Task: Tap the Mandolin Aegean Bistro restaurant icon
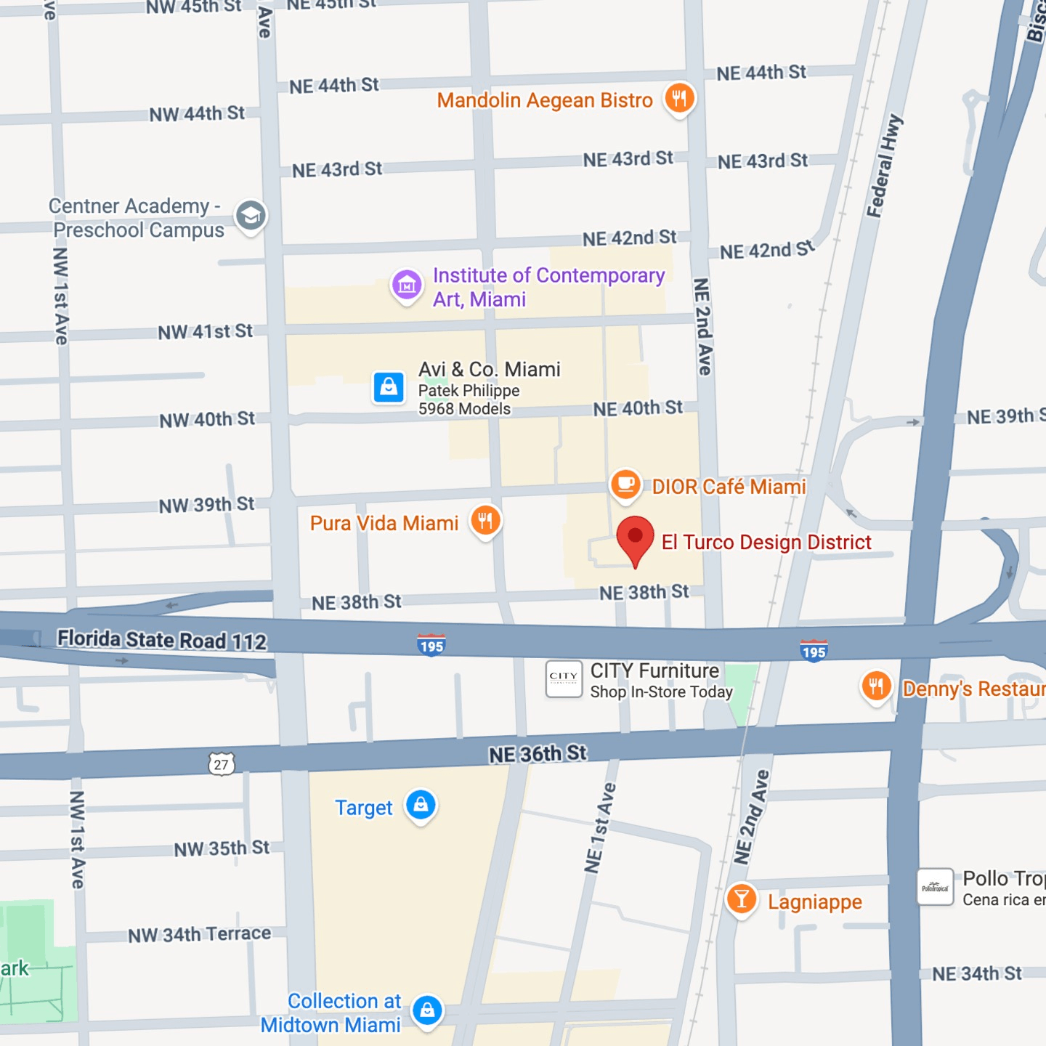click(679, 98)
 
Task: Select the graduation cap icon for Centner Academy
click(251, 216)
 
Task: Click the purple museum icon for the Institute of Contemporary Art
click(407, 285)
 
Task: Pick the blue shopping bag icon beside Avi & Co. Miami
click(389, 386)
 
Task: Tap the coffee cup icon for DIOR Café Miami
click(625, 484)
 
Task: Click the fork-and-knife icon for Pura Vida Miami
click(485, 521)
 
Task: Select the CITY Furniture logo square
click(564, 678)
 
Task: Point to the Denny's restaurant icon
click(876, 686)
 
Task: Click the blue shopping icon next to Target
click(421, 805)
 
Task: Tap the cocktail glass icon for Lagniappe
click(742, 899)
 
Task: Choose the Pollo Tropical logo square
click(935, 887)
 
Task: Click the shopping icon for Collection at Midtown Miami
click(427, 1010)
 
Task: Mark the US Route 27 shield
click(222, 764)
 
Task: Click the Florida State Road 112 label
click(162, 640)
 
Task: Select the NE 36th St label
click(538, 754)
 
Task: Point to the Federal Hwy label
click(884, 166)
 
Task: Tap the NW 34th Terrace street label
click(200, 934)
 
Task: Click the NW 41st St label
click(206, 332)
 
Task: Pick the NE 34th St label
click(977, 973)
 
